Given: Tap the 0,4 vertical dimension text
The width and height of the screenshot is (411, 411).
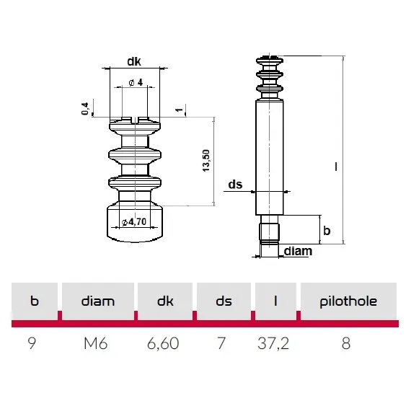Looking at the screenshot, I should (x=86, y=109).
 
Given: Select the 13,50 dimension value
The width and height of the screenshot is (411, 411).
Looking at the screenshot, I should (x=206, y=160).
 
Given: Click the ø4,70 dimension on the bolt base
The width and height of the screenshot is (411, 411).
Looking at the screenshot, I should (x=135, y=221).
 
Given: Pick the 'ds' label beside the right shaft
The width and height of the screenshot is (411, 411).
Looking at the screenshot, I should (x=235, y=185).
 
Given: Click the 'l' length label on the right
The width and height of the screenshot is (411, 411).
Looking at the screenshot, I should (x=335, y=166).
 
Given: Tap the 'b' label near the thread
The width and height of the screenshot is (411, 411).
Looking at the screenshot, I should (x=327, y=231).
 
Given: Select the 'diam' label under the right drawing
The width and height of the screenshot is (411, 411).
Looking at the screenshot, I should (x=298, y=252).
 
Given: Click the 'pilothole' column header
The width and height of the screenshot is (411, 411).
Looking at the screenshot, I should (x=348, y=301).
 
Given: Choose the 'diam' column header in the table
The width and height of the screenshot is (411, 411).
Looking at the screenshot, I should (x=98, y=301).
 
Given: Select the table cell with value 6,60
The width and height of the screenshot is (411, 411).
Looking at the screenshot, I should (x=163, y=343).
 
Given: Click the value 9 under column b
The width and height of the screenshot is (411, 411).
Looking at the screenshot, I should (x=32, y=343).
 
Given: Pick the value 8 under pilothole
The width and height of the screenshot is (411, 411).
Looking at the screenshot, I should (x=346, y=343).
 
